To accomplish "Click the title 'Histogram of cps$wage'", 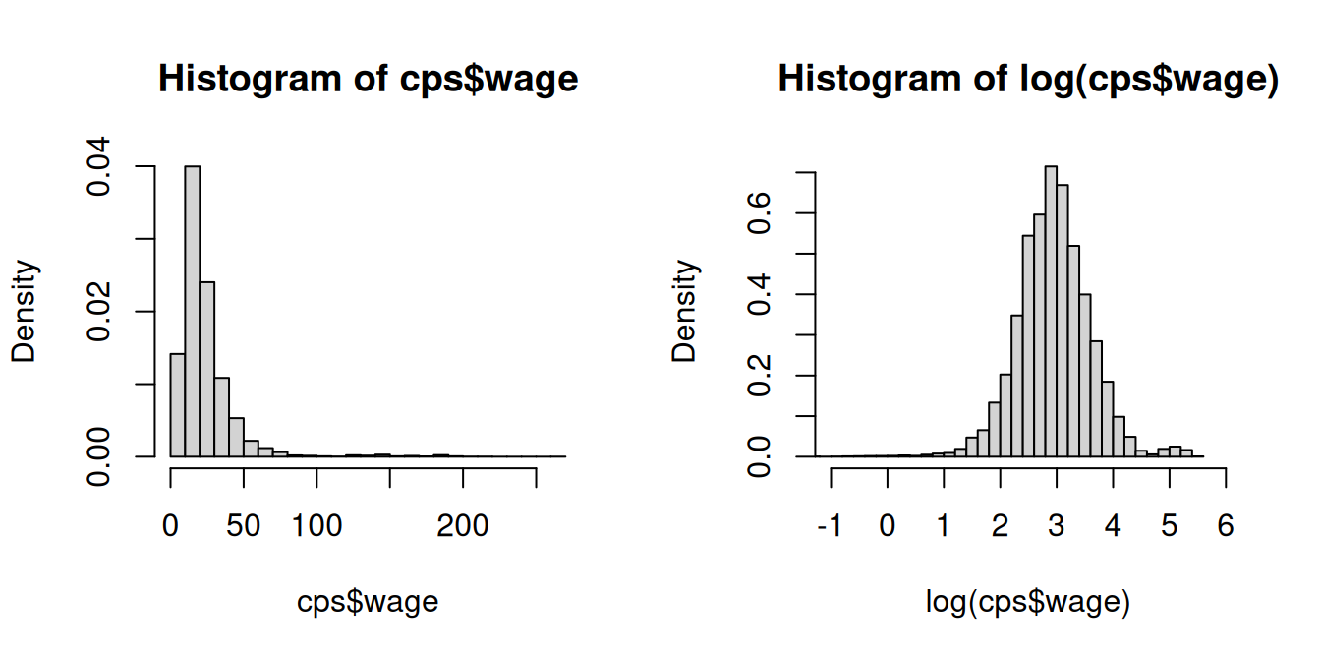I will [368, 79].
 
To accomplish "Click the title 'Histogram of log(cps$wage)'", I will [1028, 79].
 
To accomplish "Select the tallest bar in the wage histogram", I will [193, 311].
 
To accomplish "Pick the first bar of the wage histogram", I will [178, 404].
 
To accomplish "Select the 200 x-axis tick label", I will [463, 526].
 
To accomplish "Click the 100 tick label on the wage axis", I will [316, 526].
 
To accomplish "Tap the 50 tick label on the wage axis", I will [244, 526].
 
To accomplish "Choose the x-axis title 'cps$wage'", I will [368, 602].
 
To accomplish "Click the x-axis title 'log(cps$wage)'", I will [1028, 602].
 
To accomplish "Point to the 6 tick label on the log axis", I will [1225, 526].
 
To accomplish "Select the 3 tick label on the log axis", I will [1057, 526].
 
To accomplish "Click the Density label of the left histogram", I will [24, 311].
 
